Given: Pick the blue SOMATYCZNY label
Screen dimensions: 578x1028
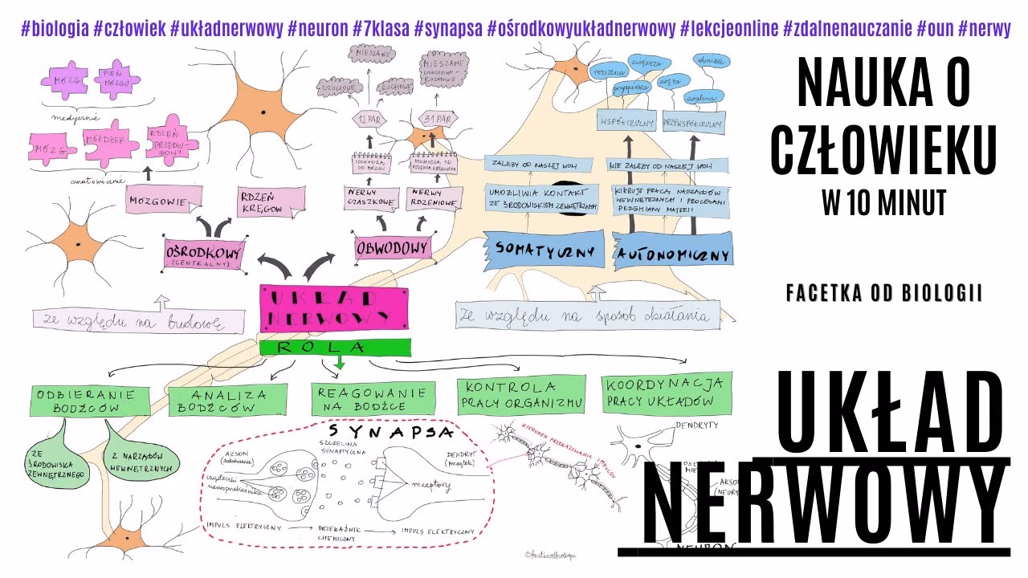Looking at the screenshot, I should [x=545, y=250].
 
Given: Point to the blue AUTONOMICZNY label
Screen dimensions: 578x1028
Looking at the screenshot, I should [x=673, y=254].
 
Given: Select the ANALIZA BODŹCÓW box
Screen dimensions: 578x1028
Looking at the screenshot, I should [x=227, y=400].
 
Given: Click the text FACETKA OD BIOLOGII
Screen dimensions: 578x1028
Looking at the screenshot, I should [x=884, y=294].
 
